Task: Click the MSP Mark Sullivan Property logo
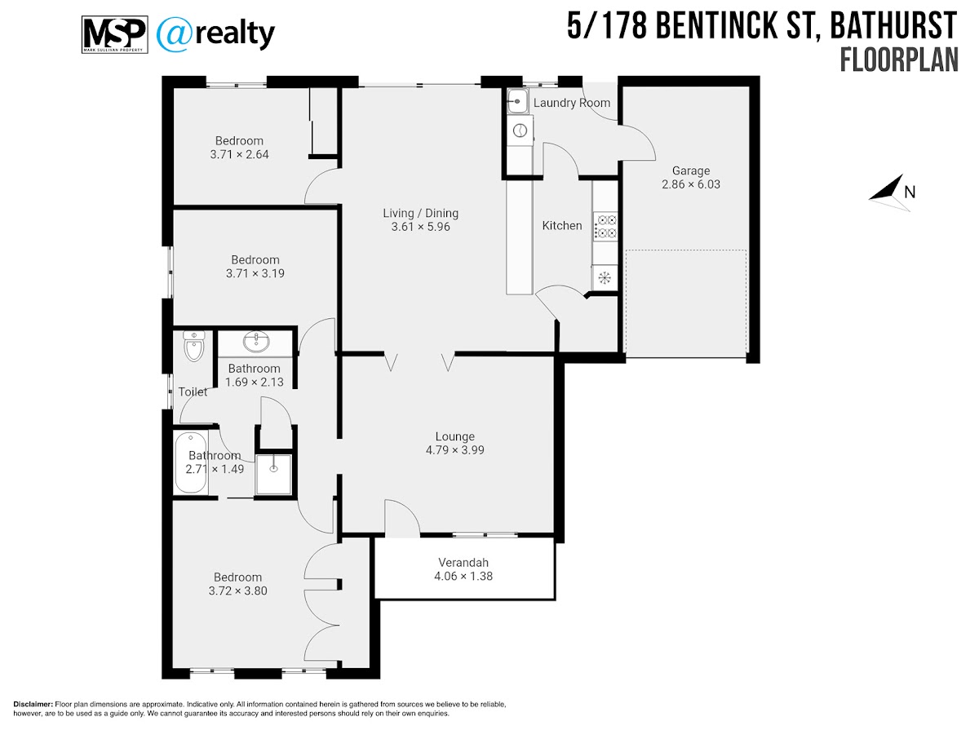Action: pos(115,35)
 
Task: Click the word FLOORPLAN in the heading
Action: pos(899,60)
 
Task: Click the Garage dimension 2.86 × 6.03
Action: pos(691,184)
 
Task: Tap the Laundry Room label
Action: pos(572,103)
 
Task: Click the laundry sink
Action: pos(517,101)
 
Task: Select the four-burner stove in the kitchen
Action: pos(605,227)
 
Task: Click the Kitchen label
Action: pos(562,225)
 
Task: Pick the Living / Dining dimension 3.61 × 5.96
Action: pos(421,227)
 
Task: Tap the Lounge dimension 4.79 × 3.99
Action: pos(455,450)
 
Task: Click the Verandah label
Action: pos(463,563)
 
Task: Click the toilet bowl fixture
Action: pos(194,346)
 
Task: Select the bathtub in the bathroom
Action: pos(191,462)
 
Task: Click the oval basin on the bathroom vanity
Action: pos(256,343)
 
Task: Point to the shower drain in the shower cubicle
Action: pos(273,468)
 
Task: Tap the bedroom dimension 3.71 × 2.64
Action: pos(240,155)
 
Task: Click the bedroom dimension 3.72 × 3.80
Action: pos(237,591)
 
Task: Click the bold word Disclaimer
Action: pos(33,705)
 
